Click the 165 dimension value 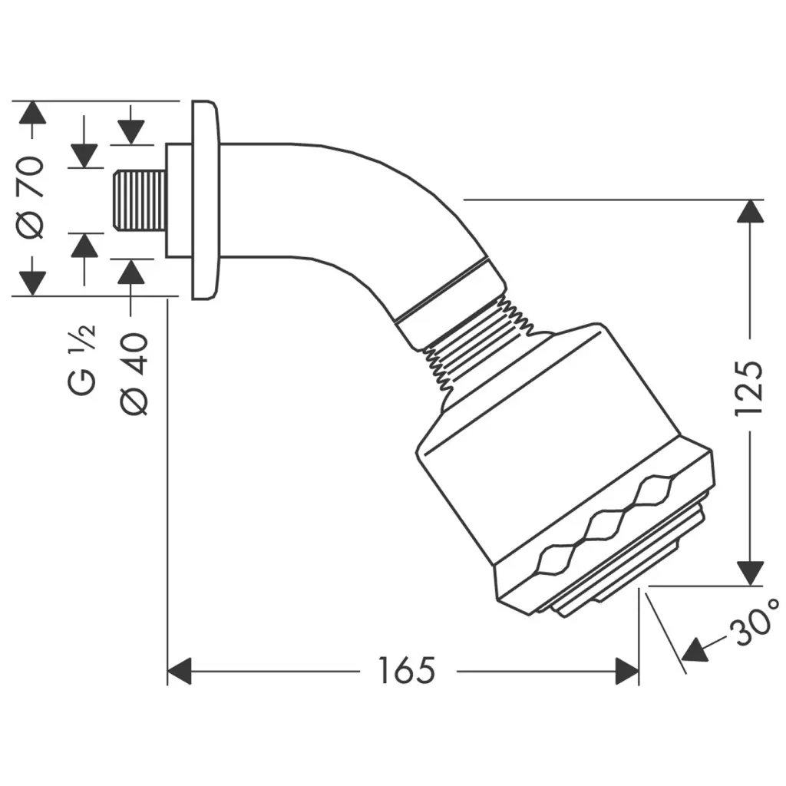click(x=406, y=671)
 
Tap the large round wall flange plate click(x=205, y=200)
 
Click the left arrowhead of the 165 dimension click(x=180, y=671)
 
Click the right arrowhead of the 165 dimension click(x=626, y=671)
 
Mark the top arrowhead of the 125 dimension click(x=749, y=212)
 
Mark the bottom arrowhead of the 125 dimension click(x=749, y=573)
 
